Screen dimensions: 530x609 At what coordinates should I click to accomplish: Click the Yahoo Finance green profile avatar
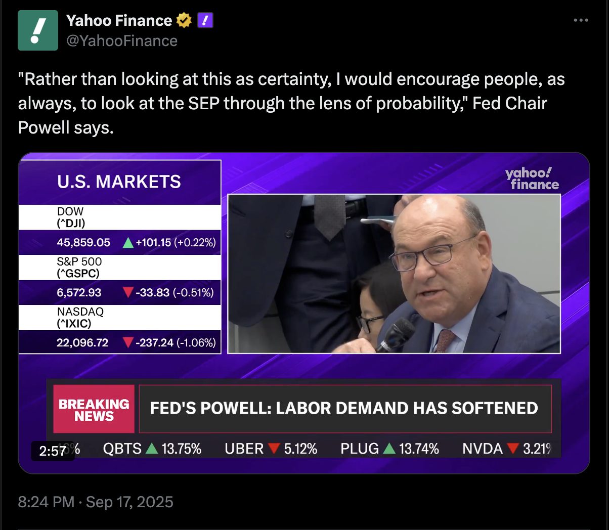tap(38, 30)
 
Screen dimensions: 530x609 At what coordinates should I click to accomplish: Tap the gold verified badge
tap(184, 21)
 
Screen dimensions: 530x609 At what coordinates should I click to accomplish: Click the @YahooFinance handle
tap(122, 41)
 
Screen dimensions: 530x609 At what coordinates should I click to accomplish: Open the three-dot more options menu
tap(581, 21)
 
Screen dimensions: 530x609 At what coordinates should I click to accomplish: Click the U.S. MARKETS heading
tap(119, 182)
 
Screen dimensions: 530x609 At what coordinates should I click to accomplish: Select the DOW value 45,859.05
tap(83, 243)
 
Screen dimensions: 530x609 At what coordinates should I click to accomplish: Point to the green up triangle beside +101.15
tap(128, 243)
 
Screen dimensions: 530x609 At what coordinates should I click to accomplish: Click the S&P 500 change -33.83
tap(152, 293)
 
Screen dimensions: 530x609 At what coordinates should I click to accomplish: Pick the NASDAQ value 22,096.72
tap(82, 343)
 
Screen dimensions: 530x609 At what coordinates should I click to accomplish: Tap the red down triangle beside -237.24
tap(128, 343)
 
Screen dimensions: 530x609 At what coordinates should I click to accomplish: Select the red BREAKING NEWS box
tap(94, 409)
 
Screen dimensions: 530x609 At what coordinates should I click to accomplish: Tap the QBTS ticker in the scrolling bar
tap(122, 449)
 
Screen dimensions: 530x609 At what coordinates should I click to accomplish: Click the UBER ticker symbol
tap(244, 449)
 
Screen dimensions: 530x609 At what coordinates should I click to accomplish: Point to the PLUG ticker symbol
tap(360, 449)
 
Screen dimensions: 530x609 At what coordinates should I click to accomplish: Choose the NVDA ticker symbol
tap(483, 449)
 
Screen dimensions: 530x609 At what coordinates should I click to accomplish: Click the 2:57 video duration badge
tap(53, 451)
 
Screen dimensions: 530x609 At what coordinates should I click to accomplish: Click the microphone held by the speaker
tap(397, 334)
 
